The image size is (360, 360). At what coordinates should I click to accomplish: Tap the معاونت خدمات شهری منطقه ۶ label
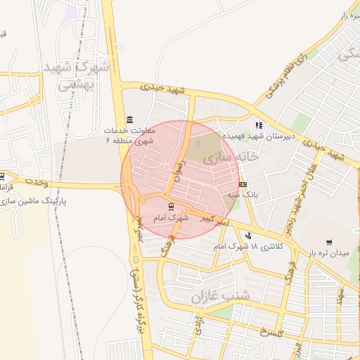pos(129,136)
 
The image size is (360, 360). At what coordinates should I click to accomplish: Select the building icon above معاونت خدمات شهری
pos(129,119)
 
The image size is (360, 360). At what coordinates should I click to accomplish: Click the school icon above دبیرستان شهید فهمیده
pos(258,125)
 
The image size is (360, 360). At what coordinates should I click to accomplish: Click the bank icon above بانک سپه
pos(243,184)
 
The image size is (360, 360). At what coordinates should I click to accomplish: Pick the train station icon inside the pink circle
pos(172,206)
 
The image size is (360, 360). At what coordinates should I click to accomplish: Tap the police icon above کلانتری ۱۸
pos(247,236)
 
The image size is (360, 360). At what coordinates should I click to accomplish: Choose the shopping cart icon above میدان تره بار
pos(329,243)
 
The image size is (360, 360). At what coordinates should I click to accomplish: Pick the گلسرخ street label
pos(271,333)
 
